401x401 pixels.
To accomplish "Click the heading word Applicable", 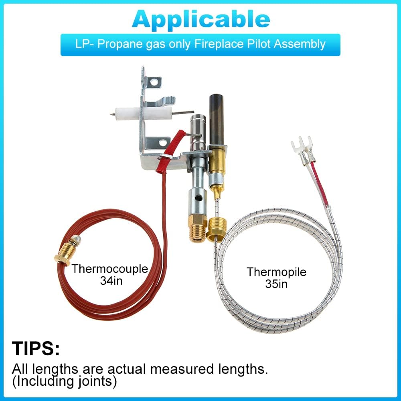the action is tap(201, 19).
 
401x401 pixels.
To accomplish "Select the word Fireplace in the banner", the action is tap(215, 44).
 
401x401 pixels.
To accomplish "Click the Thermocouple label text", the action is tap(110, 269).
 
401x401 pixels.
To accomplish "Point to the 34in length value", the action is tap(111, 281).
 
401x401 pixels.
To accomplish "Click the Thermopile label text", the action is tap(276, 272).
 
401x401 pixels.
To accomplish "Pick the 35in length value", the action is tap(276, 284).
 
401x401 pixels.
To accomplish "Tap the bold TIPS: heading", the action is tap(36, 348).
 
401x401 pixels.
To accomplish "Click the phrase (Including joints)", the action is tap(65, 381).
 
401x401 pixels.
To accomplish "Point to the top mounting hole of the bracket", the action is tap(154, 82).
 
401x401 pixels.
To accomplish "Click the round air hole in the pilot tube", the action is tap(197, 197).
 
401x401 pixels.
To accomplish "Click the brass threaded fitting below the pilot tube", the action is tap(197, 227).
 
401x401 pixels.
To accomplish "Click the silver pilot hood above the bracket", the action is tap(199, 133).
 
